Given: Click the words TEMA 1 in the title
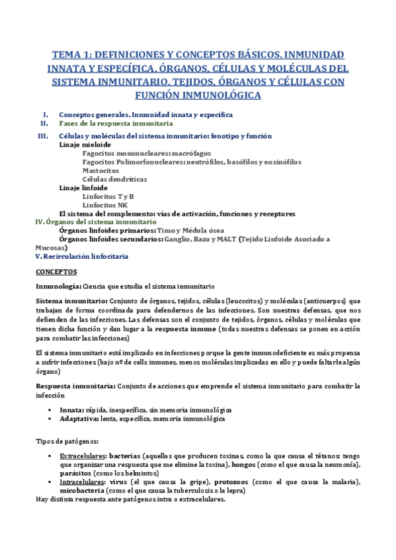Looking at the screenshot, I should [70, 54].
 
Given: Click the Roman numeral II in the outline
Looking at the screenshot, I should [44, 123].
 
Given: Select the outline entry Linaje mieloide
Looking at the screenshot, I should [85, 145].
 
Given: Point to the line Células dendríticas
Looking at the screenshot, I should [115, 179].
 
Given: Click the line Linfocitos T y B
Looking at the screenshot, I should [108, 196].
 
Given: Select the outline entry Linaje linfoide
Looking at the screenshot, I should [83, 188].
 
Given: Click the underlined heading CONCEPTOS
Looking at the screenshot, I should [56, 271].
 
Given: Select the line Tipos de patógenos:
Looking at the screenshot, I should [67, 441].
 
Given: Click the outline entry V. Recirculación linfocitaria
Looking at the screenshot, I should [81, 256].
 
